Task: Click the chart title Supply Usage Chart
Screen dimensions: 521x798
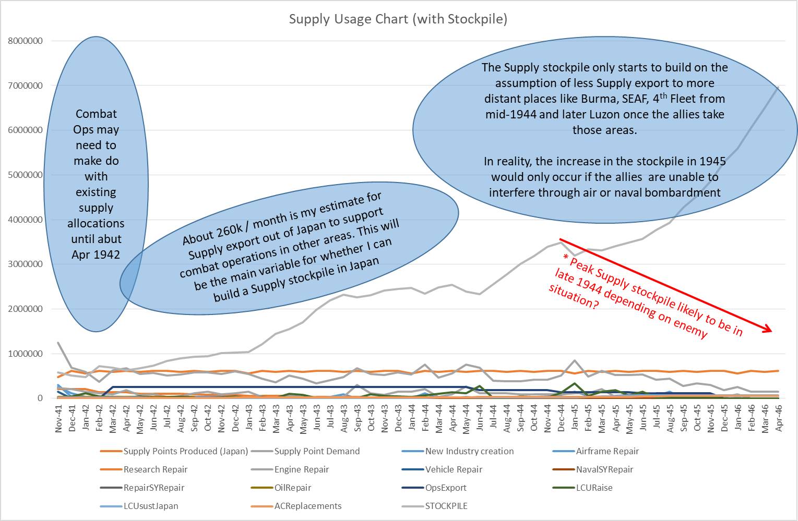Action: point(398,19)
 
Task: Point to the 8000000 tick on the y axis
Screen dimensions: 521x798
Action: point(25,41)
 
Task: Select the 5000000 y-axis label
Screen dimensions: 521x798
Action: point(25,175)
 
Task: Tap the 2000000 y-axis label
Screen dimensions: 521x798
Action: point(25,309)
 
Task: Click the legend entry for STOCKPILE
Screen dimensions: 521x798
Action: point(446,506)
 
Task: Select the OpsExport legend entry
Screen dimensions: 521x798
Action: point(446,488)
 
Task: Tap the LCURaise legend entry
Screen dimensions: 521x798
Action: point(594,488)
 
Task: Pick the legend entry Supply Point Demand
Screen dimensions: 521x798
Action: point(317,451)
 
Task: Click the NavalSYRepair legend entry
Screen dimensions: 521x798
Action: point(604,469)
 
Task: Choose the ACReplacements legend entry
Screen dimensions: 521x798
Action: point(308,506)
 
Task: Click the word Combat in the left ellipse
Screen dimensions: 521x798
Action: point(96,114)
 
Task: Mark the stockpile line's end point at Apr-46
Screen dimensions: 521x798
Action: point(779,87)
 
